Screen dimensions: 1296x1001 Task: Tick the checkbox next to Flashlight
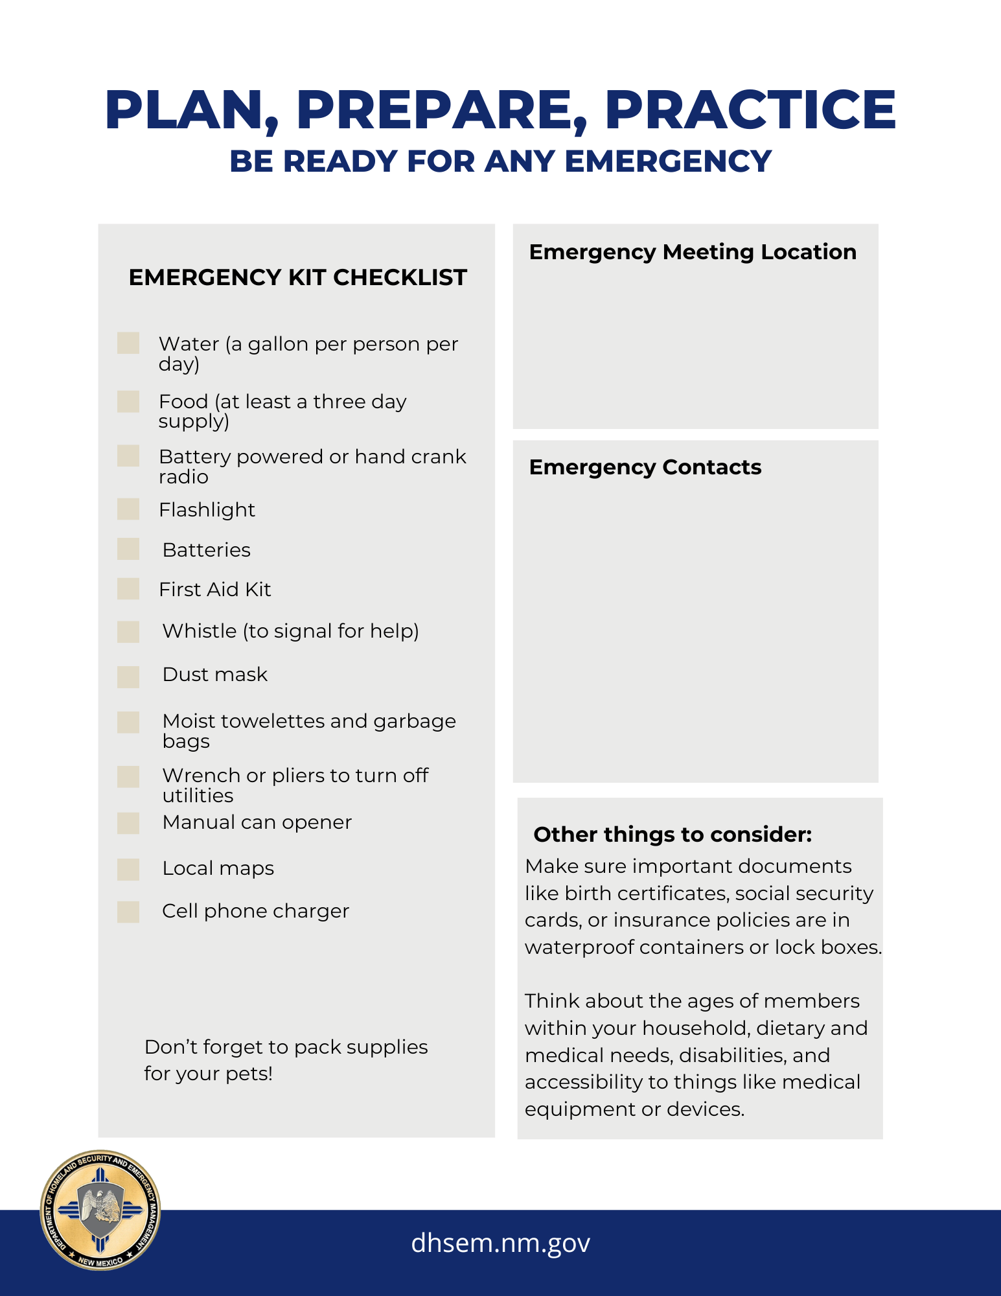pos(128,509)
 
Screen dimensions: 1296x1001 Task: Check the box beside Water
pos(128,343)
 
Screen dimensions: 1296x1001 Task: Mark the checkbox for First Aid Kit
pos(128,589)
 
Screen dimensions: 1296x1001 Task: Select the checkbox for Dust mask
pos(128,677)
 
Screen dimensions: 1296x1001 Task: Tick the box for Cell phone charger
pos(128,912)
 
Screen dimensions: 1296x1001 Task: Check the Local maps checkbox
pos(128,870)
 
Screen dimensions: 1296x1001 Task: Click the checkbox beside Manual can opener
pos(128,823)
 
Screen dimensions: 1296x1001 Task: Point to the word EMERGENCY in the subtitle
pos(668,161)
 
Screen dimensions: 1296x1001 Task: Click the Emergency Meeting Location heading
pos(693,252)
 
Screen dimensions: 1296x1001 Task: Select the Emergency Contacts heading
pos(645,467)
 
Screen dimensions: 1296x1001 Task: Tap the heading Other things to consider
pos(673,835)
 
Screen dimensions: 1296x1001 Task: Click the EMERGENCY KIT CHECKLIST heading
pos(297,277)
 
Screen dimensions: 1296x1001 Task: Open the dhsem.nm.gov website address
pos(500,1243)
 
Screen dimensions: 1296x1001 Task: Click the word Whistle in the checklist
pos(200,631)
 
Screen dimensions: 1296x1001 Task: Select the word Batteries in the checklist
pos(207,550)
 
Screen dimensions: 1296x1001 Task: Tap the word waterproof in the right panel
pos(579,947)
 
